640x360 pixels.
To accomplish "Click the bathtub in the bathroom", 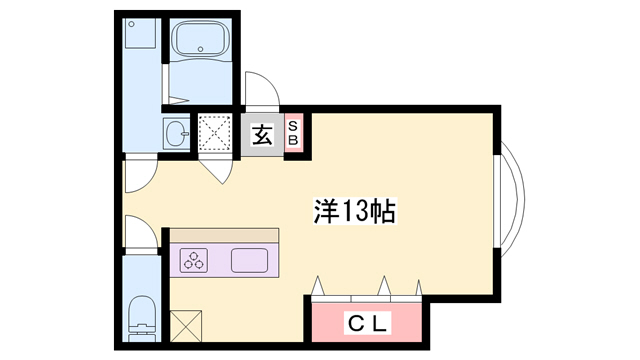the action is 200,38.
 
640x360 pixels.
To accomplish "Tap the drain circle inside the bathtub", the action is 200,49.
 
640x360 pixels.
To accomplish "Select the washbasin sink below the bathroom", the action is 177,133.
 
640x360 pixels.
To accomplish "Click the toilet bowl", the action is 141,318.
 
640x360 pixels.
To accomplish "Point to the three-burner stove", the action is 194,260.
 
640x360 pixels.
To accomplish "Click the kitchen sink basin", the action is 249,260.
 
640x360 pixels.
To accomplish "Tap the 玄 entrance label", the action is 262,135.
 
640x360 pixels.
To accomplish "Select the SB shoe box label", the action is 293,133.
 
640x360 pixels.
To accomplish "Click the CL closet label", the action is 367,324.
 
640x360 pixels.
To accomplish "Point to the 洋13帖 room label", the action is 354,211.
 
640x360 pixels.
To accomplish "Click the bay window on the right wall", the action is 510,201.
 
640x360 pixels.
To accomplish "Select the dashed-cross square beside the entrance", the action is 215,133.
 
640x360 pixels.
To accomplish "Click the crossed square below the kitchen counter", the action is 186,326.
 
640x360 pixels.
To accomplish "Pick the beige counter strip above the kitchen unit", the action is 224,235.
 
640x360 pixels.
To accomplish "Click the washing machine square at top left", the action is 140,33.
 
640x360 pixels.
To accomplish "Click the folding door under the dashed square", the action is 216,172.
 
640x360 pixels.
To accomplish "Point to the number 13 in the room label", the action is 354,211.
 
